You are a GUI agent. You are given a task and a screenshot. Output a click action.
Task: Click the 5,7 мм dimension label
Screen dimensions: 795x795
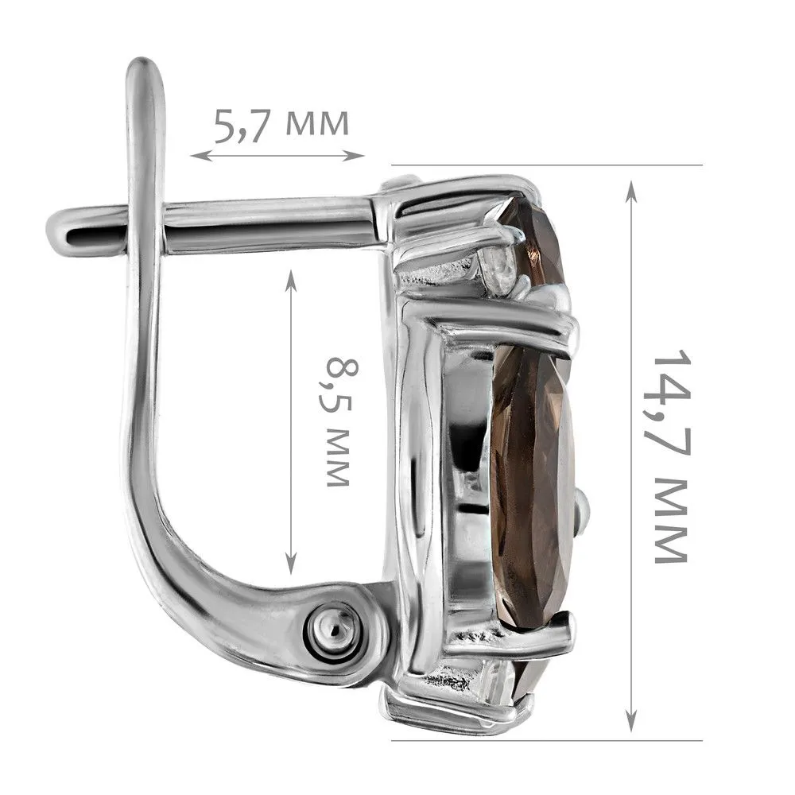[281, 125]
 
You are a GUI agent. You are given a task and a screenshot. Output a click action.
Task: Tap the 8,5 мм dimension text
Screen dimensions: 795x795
[338, 422]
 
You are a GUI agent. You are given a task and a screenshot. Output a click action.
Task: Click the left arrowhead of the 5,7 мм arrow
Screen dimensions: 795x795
[199, 155]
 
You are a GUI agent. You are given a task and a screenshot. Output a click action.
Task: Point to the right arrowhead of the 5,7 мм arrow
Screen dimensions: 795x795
[356, 155]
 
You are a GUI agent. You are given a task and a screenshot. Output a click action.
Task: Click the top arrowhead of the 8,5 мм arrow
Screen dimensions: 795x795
[290, 279]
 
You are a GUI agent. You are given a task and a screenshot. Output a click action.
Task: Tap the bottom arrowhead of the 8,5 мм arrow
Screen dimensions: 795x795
[290, 564]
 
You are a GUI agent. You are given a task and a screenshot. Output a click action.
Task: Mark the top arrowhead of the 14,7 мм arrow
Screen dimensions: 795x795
[631, 191]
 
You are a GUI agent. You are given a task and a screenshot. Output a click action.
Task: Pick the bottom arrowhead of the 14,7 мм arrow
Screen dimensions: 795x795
[631, 720]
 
